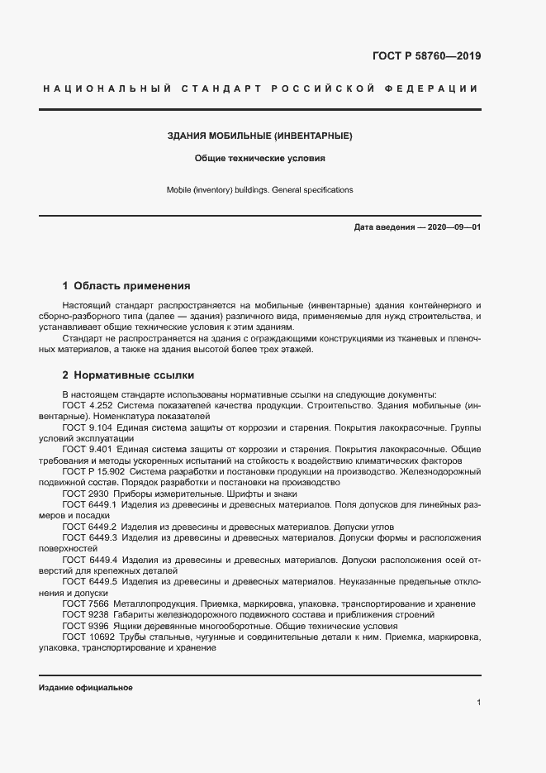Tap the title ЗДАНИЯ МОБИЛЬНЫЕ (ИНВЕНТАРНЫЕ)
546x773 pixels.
coord(260,135)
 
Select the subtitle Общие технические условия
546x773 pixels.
coord(260,157)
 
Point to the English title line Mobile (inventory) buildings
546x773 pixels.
coord(260,189)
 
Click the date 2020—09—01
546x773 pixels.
coord(454,227)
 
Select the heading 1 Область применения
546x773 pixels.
coord(126,286)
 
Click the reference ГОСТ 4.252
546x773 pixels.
coord(87,406)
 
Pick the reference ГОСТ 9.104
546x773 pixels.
coord(87,427)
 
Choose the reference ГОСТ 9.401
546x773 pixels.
coord(87,449)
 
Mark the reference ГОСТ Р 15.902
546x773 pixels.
coord(93,471)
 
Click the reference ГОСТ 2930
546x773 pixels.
coord(84,493)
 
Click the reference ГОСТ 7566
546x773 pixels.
coord(84,604)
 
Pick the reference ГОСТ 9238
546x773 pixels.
coord(84,615)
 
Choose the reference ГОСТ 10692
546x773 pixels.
coord(87,637)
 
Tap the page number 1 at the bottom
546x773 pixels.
coord(478,703)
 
